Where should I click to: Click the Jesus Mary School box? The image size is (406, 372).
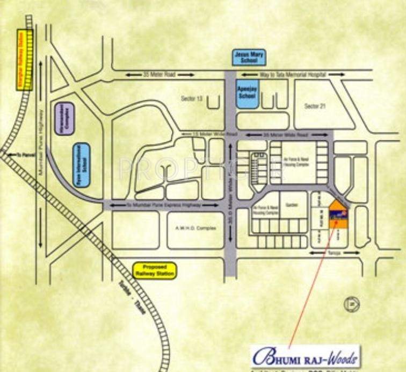click(248, 57)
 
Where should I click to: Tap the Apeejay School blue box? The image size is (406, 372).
click(248, 93)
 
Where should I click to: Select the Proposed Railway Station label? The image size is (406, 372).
click(155, 270)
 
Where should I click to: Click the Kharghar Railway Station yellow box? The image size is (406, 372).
click(25, 60)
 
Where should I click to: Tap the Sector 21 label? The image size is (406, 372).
click(315, 106)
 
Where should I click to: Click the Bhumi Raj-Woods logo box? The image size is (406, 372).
click(305, 356)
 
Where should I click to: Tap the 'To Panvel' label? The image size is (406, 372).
click(25, 154)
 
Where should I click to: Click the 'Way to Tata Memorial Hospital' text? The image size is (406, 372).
click(293, 74)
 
